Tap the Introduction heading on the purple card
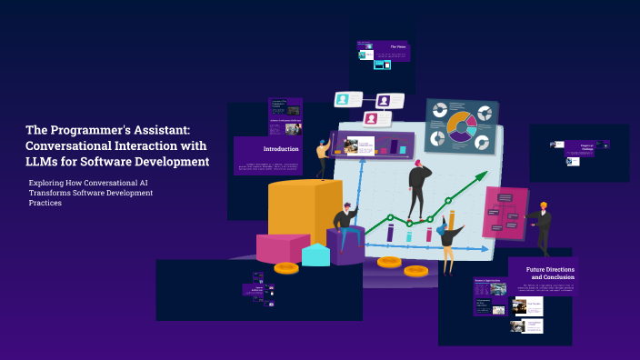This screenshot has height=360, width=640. point(281,148)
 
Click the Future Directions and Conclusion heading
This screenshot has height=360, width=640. point(550,273)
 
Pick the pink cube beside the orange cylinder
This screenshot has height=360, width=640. point(282,247)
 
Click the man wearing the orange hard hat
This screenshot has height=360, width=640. point(542,225)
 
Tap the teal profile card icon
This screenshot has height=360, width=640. point(344,99)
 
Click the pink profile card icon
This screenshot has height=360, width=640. point(372,118)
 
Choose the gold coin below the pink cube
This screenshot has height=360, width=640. point(286,267)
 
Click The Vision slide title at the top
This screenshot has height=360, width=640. point(397,46)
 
